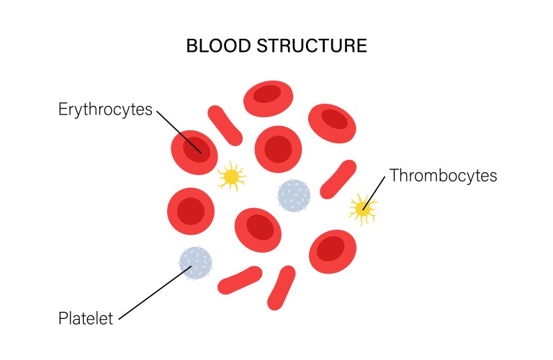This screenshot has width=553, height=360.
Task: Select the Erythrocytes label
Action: coord(105,109)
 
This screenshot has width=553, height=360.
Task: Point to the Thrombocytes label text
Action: coord(443,176)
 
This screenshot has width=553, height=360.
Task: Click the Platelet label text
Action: coord(85,318)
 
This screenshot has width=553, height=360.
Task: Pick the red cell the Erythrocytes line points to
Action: coord(194,151)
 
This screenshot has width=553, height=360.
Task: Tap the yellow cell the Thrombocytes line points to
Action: coord(361,209)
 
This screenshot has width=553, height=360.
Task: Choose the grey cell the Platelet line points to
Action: coord(196,263)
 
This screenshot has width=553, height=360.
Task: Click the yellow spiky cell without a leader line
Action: coord(230,176)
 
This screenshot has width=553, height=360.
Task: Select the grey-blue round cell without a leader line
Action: coord(294,196)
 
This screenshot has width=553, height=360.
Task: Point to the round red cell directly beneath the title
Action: coord(268,98)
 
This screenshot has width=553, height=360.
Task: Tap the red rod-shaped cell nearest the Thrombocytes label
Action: coord(338,179)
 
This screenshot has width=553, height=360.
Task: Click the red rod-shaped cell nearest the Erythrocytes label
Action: coord(225,125)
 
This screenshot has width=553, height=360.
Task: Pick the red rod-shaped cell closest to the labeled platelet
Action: coord(240,280)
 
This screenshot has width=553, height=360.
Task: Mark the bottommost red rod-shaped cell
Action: coord(280,287)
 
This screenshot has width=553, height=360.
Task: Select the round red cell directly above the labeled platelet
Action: coord(191,211)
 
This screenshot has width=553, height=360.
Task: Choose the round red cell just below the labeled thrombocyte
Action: coord(333,250)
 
